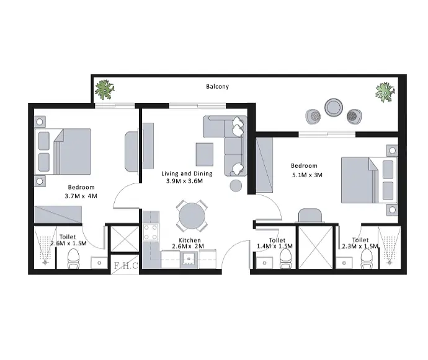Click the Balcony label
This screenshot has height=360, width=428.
pyautogui.click(x=217, y=87)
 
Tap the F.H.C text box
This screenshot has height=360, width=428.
pyautogui.click(x=126, y=266)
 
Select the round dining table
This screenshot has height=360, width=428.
pyautogui.click(x=192, y=216)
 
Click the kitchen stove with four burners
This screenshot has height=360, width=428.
pyautogui.click(x=151, y=232)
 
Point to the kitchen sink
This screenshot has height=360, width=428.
pyautogui.click(x=189, y=258)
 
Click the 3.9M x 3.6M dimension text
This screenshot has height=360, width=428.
pyautogui.click(x=184, y=181)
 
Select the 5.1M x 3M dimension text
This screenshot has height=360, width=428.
pyautogui.click(x=307, y=175)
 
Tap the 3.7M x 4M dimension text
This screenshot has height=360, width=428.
pyautogui.click(x=81, y=196)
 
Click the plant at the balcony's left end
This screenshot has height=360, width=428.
pyautogui.click(x=104, y=89)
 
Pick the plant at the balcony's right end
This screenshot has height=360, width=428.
pyautogui.click(x=385, y=92)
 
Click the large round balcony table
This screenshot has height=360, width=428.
pyautogui.click(x=334, y=107)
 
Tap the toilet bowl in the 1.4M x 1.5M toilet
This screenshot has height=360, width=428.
pyautogui.click(x=285, y=258)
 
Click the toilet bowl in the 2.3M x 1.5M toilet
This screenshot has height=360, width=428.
pyautogui.click(x=366, y=259)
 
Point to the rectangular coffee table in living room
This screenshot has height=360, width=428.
pyautogui.click(x=205, y=154)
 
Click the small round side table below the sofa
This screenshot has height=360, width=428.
pyautogui.click(x=236, y=186)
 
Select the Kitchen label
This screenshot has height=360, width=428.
pyautogui.click(x=190, y=240)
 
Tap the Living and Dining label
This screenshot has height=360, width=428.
pyautogui.click(x=187, y=173)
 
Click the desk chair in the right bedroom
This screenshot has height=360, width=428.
pyautogui.click(x=310, y=215)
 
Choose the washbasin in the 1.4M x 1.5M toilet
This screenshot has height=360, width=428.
pyautogui.click(x=264, y=262)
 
